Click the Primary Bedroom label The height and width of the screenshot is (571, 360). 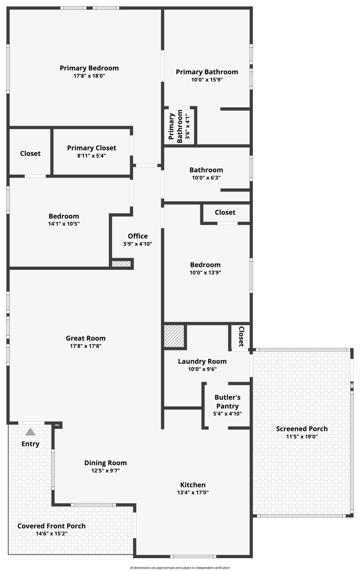[89, 68]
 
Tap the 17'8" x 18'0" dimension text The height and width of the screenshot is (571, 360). [89, 76]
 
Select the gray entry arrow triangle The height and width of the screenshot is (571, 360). [30, 432]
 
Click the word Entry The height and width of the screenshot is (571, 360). [30, 444]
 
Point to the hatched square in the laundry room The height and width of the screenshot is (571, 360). [174, 336]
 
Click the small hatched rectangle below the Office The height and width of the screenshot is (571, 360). [121, 264]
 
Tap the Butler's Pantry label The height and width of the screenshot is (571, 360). [227, 402]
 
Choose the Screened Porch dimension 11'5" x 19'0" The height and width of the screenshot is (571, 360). [302, 437]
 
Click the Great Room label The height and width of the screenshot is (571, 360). [86, 338]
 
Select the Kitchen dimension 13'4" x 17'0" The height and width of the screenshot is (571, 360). [193, 492]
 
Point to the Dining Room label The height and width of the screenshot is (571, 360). [105, 463]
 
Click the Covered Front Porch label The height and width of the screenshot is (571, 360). [51, 526]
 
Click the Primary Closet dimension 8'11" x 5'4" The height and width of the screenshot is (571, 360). [91, 156]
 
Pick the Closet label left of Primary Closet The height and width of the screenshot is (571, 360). [30, 154]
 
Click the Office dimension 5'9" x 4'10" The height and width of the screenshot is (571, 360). [138, 244]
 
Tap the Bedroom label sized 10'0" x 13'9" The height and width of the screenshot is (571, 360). [205, 265]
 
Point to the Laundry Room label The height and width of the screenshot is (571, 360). [202, 361]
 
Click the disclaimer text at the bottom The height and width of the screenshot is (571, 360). [180, 568]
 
